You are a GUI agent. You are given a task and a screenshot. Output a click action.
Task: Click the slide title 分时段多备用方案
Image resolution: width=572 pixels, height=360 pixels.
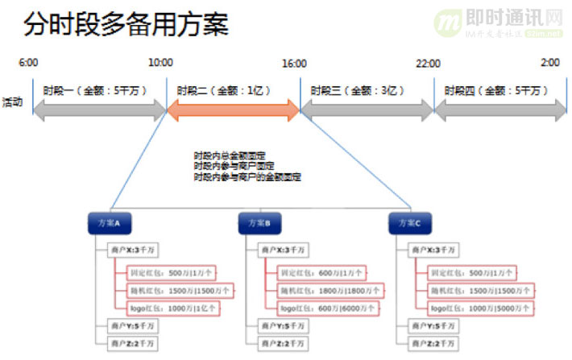click(x=126, y=24)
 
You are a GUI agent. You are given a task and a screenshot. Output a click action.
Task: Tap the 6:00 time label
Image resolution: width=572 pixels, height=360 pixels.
click(x=28, y=63)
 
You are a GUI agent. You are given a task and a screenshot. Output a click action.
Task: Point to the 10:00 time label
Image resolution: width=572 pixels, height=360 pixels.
click(x=161, y=63)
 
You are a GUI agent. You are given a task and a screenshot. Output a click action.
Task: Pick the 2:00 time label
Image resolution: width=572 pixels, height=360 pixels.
click(x=551, y=63)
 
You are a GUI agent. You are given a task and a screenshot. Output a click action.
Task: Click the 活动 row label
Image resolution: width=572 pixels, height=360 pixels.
click(x=12, y=101)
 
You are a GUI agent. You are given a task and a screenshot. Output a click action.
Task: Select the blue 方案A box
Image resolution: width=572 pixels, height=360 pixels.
click(x=110, y=223)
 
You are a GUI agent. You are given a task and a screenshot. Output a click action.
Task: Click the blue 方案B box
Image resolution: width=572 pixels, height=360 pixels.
click(x=260, y=223)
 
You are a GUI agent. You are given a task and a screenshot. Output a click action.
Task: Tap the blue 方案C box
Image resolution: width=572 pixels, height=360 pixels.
click(x=410, y=223)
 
